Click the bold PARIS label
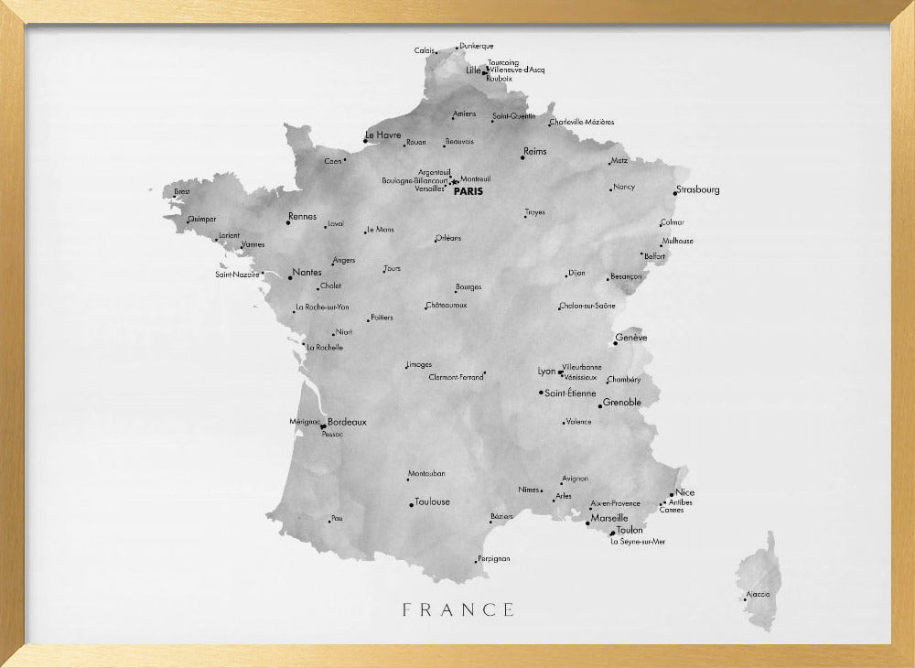(468, 191)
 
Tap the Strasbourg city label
(699, 190)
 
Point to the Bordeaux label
(347, 422)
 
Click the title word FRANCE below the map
(458, 609)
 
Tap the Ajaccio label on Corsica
(759, 594)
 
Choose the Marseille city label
(609, 518)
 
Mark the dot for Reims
(522, 158)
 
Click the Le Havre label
(383, 135)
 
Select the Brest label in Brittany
(182, 192)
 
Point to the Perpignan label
(494, 558)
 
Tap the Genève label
(632, 338)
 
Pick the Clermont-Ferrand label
(456, 377)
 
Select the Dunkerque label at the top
(477, 46)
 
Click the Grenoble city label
(622, 402)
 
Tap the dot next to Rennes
(288, 222)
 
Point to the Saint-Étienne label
(570, 393)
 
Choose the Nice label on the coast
(685, 492)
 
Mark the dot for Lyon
(560, 372)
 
